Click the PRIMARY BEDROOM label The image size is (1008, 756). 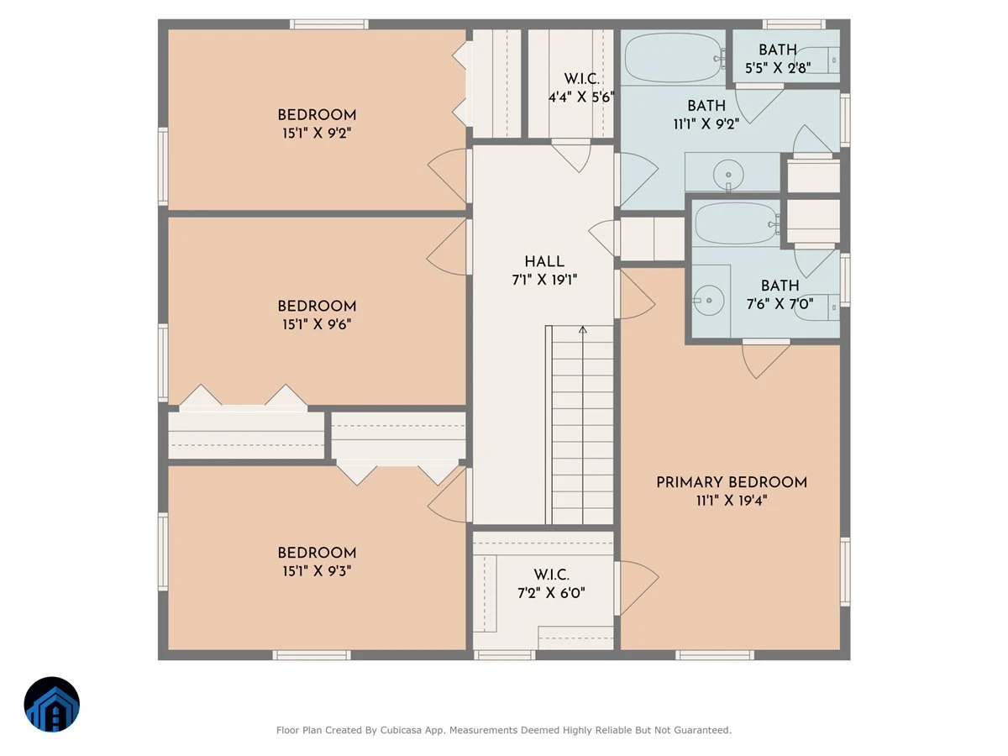tap(731, 482)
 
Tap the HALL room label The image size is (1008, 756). tap(544, 261)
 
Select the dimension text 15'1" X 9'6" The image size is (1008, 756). tap(317, 324)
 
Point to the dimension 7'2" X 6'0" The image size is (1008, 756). tap(551, 593)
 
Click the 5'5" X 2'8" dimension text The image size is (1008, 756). tap(778, 68)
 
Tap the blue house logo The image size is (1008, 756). tap(52, 704)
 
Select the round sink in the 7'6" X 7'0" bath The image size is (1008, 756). tap(709, 300)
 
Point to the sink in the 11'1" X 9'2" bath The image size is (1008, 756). tap(728, 175)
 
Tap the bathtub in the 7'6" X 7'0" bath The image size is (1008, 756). tap(736, 224)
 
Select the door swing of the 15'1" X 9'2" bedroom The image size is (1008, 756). tap(447, 176)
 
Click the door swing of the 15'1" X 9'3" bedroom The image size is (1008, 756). tap(447, 495)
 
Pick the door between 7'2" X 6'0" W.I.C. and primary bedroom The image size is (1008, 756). tap(638, 588)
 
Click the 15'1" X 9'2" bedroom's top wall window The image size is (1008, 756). tap(328, 24)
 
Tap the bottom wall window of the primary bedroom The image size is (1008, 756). tap(715, 655)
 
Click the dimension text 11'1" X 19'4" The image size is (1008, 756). tap(731, 501)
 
